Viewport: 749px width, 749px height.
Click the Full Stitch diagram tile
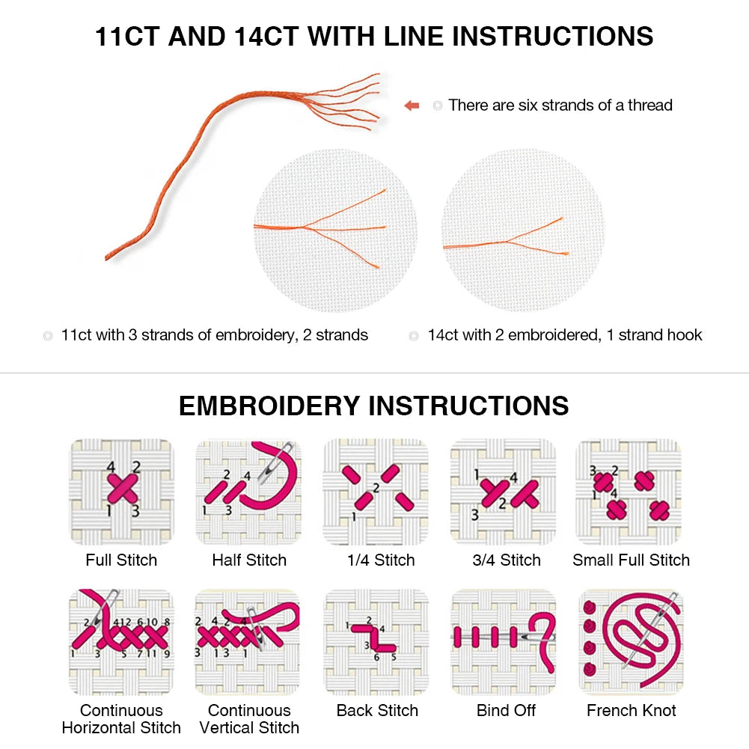pyautogui.click(x=121, y=492)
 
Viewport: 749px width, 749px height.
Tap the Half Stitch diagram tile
pyautogui.click(x=248, y=492)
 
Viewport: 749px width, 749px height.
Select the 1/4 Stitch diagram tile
pyautogui.click(x=376, y=492)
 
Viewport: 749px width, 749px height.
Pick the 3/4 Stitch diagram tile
pyautogui.click(x=503, y=492)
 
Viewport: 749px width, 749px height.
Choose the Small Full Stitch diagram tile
pyautogui.click(x=629, y=492)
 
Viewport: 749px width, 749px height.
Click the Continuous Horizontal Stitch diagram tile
pyautogui.click(x=121, y=642)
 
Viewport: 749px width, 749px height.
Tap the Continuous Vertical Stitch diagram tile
pyautogui.click(x=248, y=642)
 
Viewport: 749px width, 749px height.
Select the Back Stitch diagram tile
pyautogui.click(x=376, y=642)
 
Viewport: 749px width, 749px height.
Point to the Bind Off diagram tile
pyautogui.click(x=503, y=642)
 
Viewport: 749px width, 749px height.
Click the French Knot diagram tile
pyautogui.click(x=629, y=642)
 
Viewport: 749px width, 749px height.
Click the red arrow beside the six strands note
pyautogui.click(x=412, y=106)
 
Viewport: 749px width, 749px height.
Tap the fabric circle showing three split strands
pyautogui.click(x=334, y=230)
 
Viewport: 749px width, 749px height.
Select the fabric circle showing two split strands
pyautogui.click(x=522, y=230)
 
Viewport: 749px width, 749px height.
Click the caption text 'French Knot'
pyautogui.click(x=631, y=710)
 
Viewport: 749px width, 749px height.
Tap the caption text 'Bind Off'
pyautogui.click(x=506, y=710)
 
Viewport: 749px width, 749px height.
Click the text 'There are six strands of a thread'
pyautogui.click(x=560, y=106)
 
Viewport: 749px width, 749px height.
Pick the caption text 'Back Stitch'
pyautogui.click(x=377, y=710)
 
